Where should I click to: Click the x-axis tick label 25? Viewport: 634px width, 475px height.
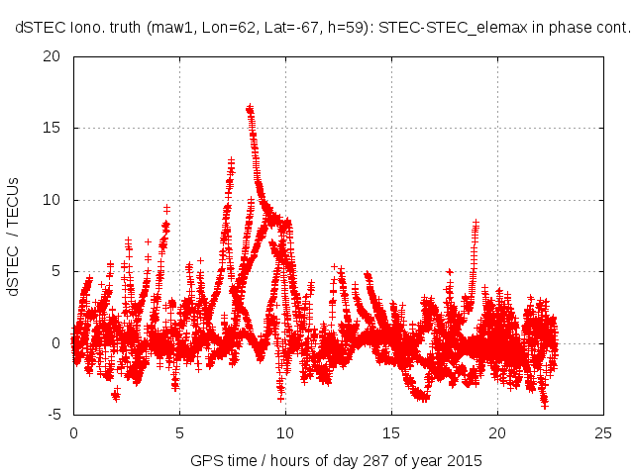603,432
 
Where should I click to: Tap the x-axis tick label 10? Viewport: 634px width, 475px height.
285,432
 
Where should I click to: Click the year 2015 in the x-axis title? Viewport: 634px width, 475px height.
466,460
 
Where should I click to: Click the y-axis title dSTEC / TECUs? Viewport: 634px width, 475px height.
14,237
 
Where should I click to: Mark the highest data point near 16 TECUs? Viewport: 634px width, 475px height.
250,106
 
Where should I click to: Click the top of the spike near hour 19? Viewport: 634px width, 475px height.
476,223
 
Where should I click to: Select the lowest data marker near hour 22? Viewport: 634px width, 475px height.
544,405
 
